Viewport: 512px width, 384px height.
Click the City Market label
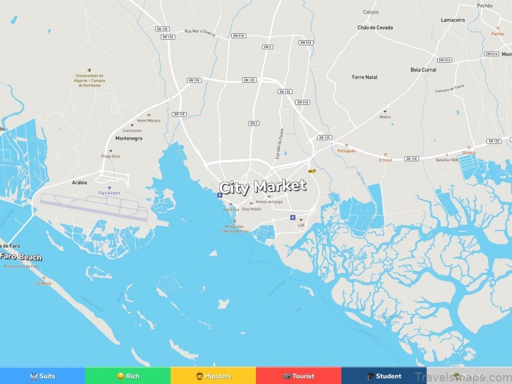[x=262, y=187]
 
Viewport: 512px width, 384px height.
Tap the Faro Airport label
[x=109, y=193]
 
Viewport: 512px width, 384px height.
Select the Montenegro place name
[x=129, y=138]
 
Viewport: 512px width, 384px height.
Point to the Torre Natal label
[x=364, y=77]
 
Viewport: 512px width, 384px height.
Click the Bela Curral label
[x=423, y=69]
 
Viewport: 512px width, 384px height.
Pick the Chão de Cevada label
[x=375, y=28]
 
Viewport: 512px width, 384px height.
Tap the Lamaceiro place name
[x=452, y=20]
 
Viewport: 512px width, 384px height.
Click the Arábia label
[x=79, y=182]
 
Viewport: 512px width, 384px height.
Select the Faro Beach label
[x=20, y=257]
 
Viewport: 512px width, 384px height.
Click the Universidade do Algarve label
[x=90, y=80]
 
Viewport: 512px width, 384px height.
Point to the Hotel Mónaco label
[x=149, y=120]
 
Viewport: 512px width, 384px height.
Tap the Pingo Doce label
[x=110, y=156]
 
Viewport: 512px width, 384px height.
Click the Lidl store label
[x=301, y=225]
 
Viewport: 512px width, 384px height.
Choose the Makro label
[x=385, y=117]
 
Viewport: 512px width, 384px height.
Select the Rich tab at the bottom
[x=128, y=376]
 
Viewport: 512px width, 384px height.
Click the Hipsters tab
[x=213, y=376]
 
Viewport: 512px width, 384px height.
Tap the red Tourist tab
[x=298, y=376]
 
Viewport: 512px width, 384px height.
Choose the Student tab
[x=384, y=376]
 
